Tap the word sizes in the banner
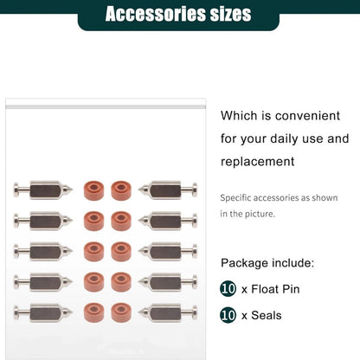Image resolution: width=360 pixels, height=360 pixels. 230,14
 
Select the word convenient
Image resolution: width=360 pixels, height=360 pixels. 307,116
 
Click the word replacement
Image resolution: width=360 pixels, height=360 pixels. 258,161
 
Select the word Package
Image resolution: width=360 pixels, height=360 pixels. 244,263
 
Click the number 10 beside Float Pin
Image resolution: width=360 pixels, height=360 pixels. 228,289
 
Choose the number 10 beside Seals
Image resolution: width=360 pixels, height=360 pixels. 228,315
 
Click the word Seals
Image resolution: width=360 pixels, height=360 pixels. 267,315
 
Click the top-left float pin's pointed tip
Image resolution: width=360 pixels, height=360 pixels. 72,190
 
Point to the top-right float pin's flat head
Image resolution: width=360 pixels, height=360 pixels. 195,190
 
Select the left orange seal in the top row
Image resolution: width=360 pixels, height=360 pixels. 93,190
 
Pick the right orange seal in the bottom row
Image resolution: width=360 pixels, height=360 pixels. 121,312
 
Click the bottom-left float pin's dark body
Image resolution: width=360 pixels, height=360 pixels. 45,313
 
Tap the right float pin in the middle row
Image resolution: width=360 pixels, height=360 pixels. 168,252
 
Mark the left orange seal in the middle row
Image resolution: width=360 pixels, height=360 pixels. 93,252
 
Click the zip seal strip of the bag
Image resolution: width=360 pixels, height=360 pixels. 106,107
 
